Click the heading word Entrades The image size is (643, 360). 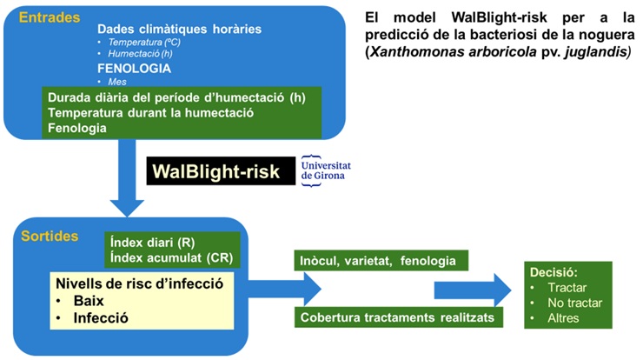click(47, 17)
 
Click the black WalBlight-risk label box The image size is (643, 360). click(216, 171)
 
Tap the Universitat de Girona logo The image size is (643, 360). click(321, 171)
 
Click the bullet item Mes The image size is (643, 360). click(118, 80)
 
